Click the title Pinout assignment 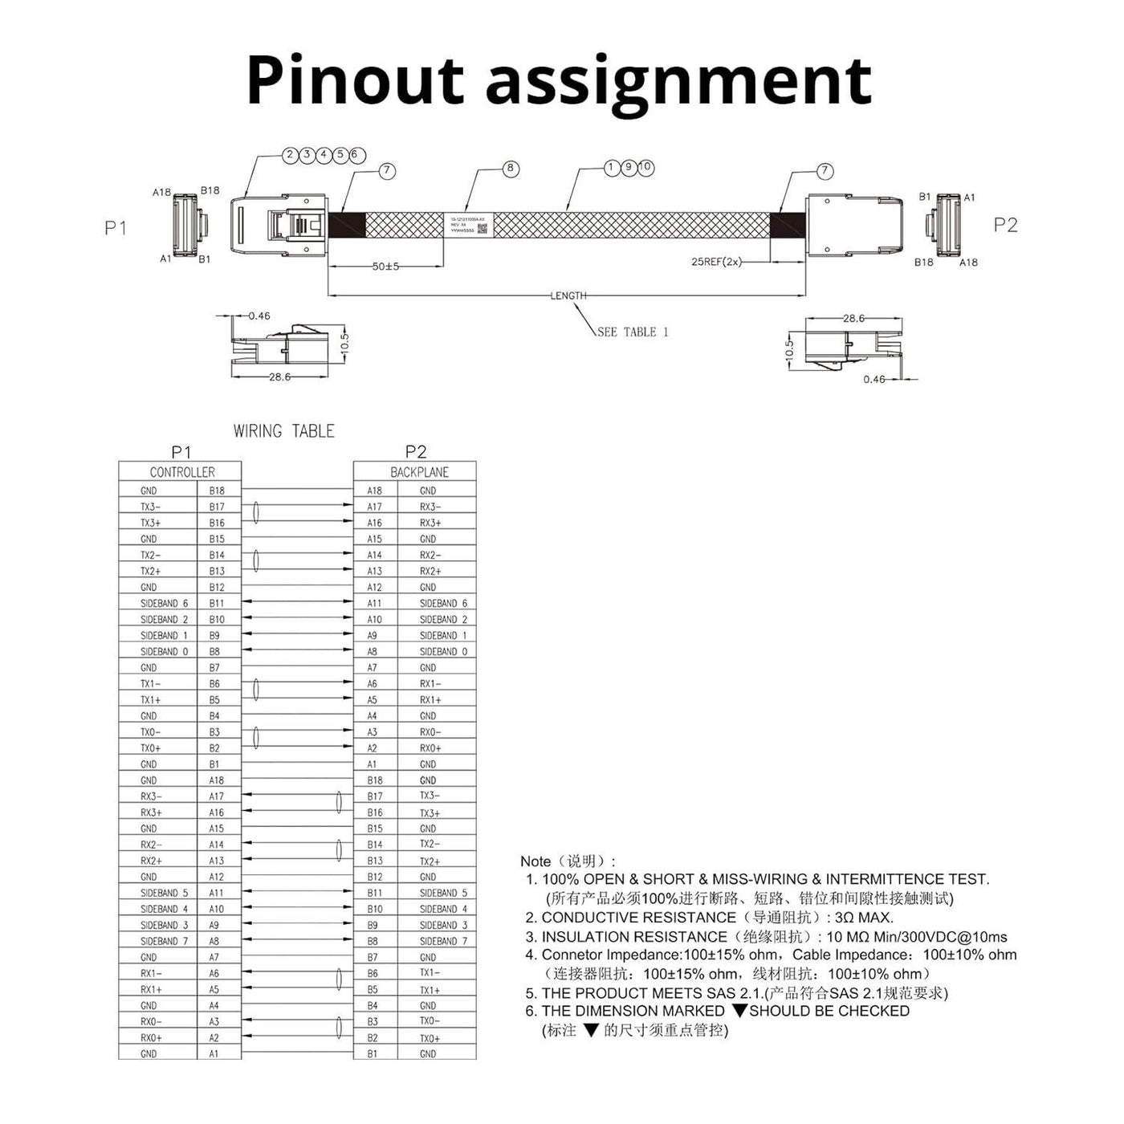coord(559,80)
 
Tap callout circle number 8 coord(511,169)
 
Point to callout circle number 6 coord(358,155)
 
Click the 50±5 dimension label coord(385,267)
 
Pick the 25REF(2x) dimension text coord(716,262)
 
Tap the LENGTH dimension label coord(568,295)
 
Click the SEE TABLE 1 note coord(633,332)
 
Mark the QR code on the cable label coord(483,229)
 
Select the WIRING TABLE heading coord(283,431)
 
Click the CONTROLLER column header coord(182,472)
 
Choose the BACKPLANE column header coord(419,472)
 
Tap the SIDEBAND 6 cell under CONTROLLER coord(164,603)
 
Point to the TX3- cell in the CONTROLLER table coord(151,507)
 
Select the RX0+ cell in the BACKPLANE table coord(430,748)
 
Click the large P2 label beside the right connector coord(1005,225)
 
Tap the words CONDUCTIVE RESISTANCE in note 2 coord(638,917)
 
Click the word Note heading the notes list coord(536,861)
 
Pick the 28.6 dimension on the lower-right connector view coord(853,319)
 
